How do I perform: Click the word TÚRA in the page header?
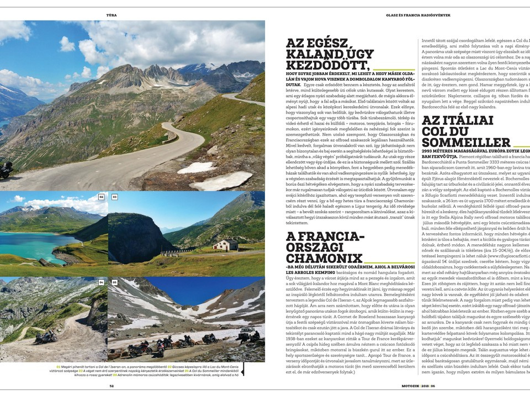click(x=111, y=14)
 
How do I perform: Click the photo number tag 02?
click(x=100, y=196)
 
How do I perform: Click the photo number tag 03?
click(x=114, y=196)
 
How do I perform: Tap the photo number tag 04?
click(x=101, y=282)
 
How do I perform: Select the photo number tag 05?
click(x=114, y=282)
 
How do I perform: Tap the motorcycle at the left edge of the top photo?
click(x=5, y=170)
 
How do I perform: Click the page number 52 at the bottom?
click(x=112, y=386)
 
